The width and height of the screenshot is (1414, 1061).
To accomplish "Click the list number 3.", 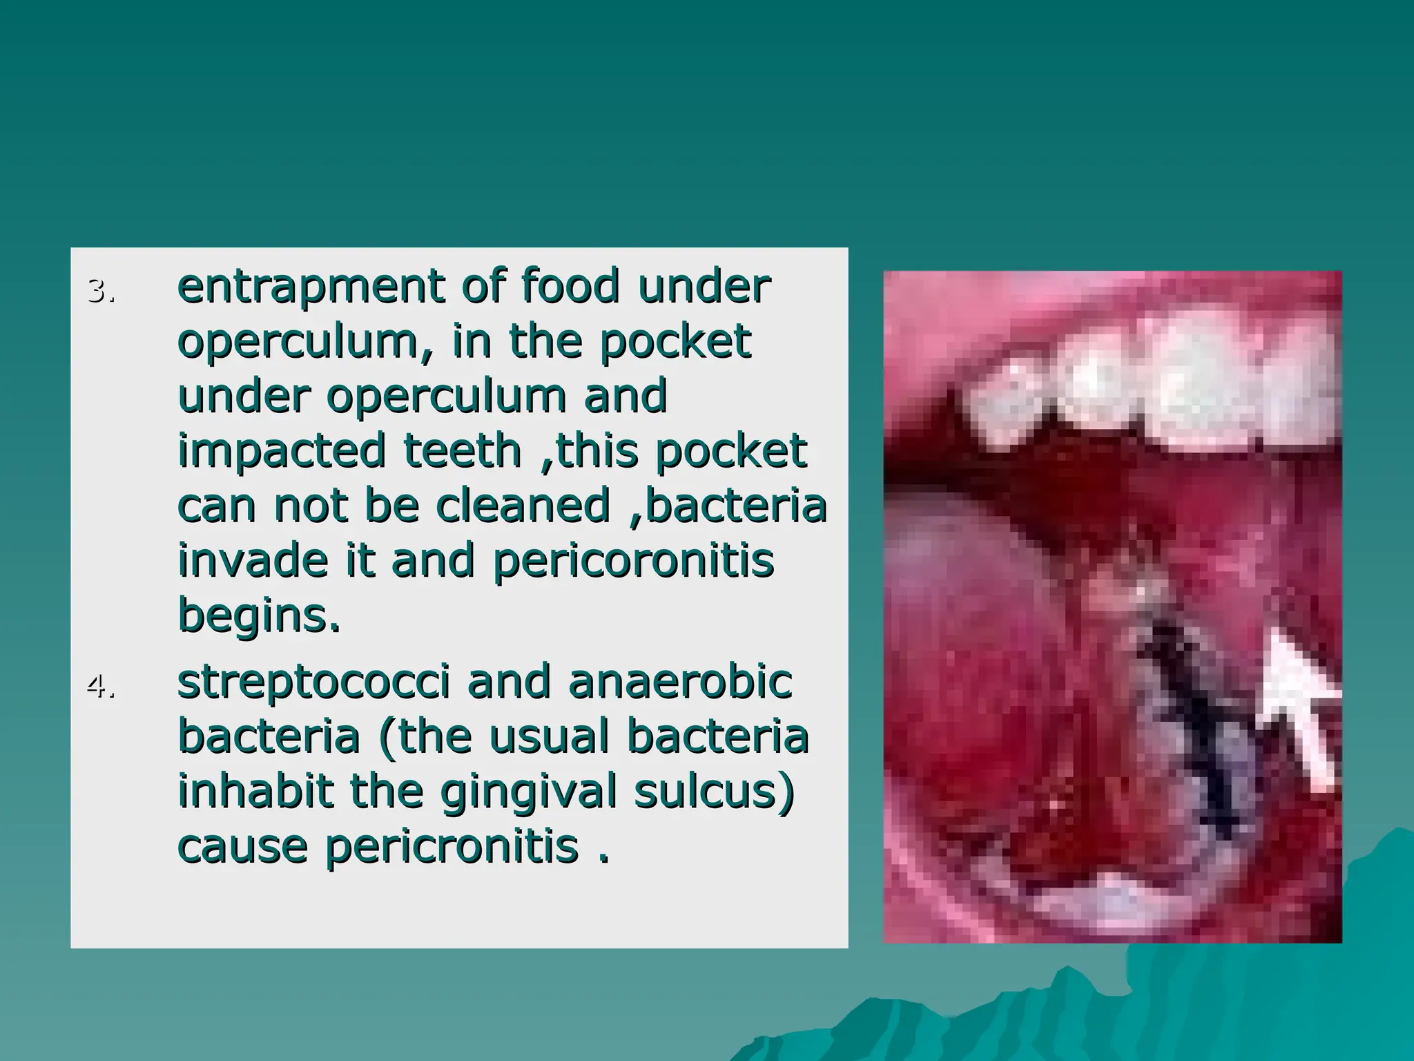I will pyautogui.click(x=100, y=291).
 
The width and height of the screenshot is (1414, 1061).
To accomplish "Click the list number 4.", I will pyautogui.click(x=100, y=687).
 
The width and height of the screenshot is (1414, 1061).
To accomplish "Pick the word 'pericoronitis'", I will pyautogui.click(x=633, y=561).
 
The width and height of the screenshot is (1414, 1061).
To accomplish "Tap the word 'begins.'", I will pyautogui.click(x=260, y=615).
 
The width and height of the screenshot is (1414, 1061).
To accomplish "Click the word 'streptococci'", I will pyautogui.click(x=313, y=682).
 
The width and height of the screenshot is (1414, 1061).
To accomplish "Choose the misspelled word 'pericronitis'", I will pyautogui.click(x=452, y=847).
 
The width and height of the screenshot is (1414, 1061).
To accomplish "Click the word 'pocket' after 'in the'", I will pyautogui.click(x=675, y=341).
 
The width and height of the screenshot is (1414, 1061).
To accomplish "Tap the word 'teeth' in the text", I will pyautogui.click(x=462, y=450).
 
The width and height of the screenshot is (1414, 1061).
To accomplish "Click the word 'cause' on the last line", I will pyautogui.click(x=242, y=847).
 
